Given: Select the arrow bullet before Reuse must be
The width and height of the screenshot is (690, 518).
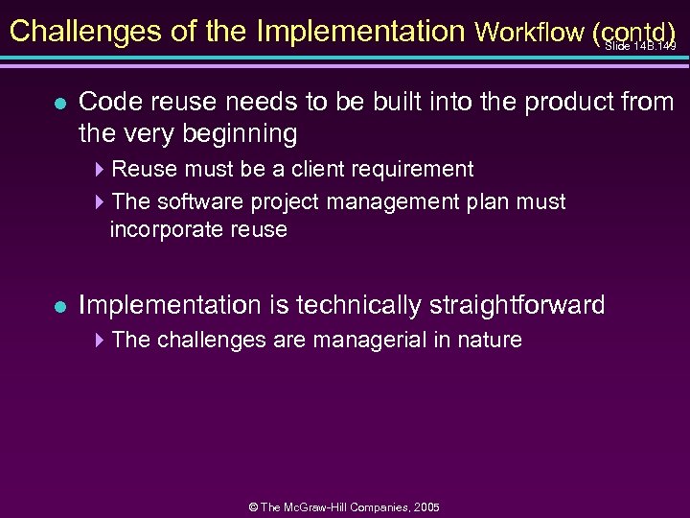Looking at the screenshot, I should pos(102,170).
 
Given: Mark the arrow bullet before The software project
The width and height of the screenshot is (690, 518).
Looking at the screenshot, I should pos(102,202).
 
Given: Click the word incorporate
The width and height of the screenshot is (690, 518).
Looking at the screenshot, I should pos(167,230).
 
